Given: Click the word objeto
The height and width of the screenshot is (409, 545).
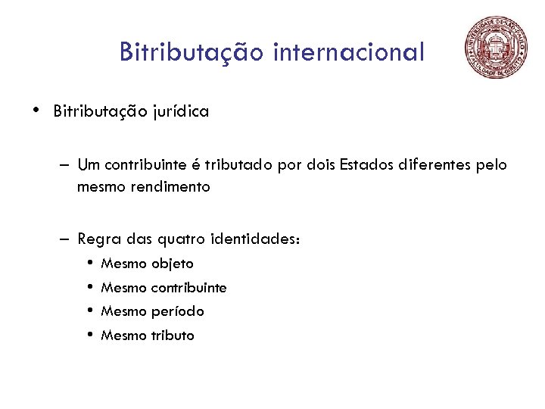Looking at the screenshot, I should coord(173,264).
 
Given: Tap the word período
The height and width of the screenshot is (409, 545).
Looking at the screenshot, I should coord(178,311).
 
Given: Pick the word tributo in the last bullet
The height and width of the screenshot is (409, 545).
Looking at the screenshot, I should coord(173,335).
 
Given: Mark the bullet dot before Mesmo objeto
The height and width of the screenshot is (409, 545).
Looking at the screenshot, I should coord(89,264).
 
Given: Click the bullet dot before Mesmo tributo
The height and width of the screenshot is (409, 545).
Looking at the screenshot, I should coord(89,335).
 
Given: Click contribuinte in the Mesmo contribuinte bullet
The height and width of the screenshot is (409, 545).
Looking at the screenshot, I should coord(189,288).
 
